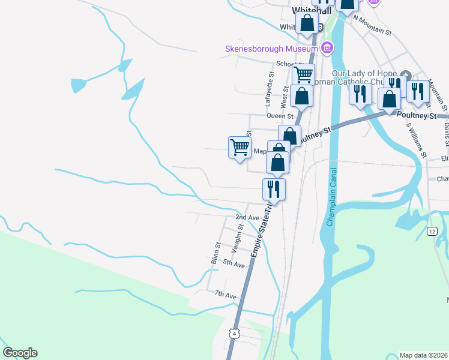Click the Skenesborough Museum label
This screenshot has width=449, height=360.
point(271,49)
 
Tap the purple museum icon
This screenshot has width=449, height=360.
point(327,48)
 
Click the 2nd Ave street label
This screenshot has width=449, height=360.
point(247,217)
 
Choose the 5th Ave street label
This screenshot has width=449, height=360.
point(234,263)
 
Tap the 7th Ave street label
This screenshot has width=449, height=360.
point(226,295)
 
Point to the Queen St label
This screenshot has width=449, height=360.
point(280,116)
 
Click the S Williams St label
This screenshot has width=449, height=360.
point(415,140)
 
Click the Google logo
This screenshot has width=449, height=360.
point(20,353)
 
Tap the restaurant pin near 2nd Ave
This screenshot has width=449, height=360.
point(274,189)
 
